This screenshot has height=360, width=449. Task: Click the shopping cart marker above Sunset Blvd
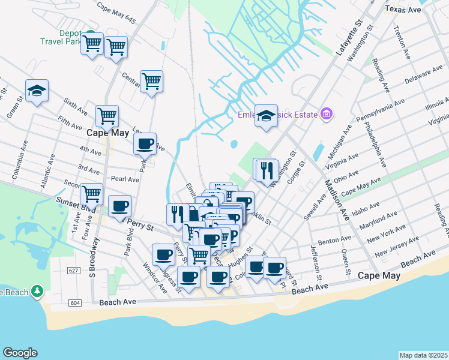[x=91, y=193]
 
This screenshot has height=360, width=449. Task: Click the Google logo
[x=20, y=353]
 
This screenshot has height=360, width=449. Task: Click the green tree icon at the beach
[x=37, y=291]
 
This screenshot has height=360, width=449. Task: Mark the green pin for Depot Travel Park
[x=89, y=34]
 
